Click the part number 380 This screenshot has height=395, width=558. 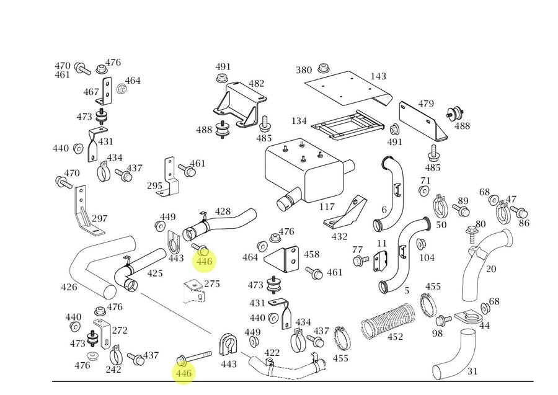[x=303, y=70]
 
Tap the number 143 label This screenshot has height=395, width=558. [x=378, y=77]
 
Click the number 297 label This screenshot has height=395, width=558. [x=99, y=218]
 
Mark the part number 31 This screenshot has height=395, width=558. [x=472, y=371]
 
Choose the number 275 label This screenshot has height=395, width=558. [x=212, y=283]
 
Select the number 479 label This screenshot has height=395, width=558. [x=425, y=104]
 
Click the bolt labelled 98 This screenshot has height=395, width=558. [x=443, y=321]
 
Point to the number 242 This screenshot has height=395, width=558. [x=113, y=370]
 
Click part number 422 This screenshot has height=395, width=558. [x=272, y=353]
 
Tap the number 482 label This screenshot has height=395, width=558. [x=256, y=84]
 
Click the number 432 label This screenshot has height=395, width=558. [x=339, y=236]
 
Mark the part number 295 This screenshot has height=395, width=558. [x=154, y=186]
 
